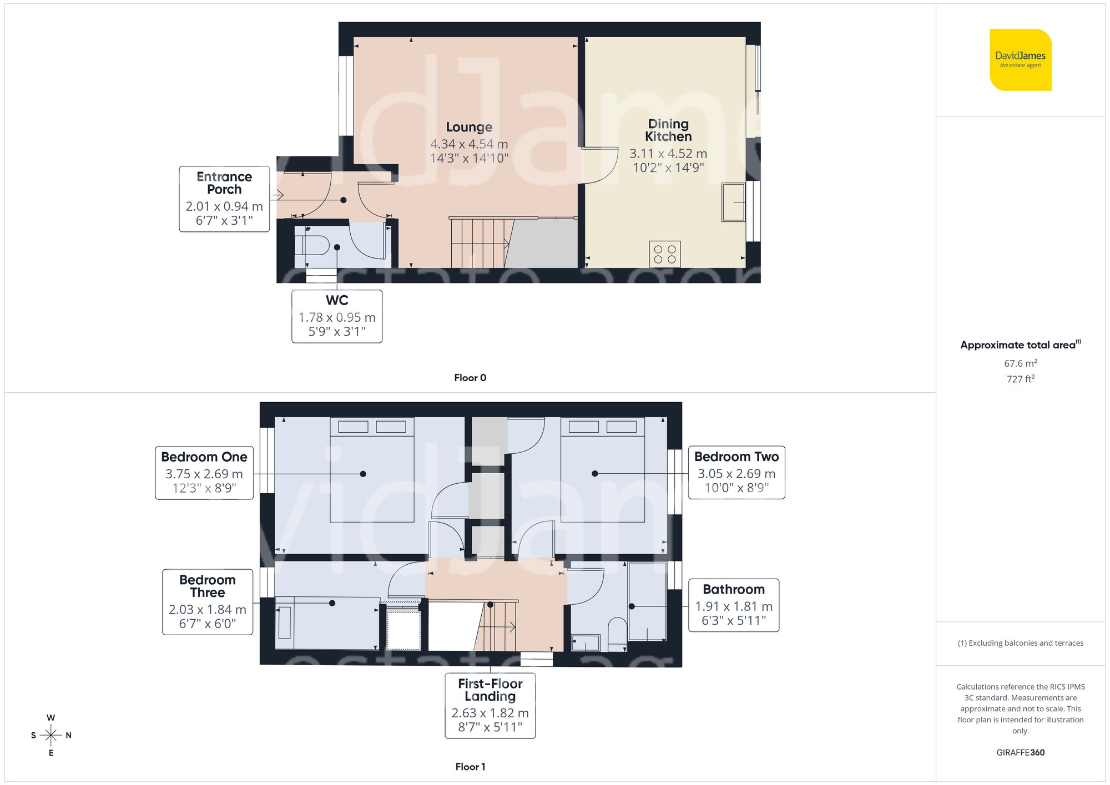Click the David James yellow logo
pos(1020,60)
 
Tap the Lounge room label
pos(469,127)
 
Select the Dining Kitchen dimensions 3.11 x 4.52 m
pos(668,154)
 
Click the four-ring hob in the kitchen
pos(664,255)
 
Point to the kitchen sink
pos(733,202)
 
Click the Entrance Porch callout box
pos(224,199)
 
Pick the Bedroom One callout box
pos(204,473)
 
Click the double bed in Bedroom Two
pos(602,470)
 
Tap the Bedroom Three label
pos(208,586)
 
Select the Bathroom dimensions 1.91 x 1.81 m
pos(734,606)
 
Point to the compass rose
pos(51,736)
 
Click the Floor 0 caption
pos(470,378)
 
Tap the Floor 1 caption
pos(470,767)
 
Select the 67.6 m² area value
pos(1020,363)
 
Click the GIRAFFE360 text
pos(1020,753)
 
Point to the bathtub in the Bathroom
pos(647,602)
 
